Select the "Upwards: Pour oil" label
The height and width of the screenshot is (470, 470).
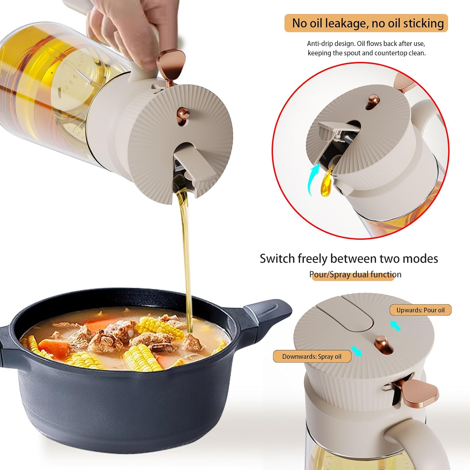click(420, 310)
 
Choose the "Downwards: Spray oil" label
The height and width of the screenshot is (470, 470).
click(312, 357)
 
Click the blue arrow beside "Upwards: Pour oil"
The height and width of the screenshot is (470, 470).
click(395, 326)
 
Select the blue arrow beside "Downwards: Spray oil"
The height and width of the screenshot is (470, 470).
click(356, 351)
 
